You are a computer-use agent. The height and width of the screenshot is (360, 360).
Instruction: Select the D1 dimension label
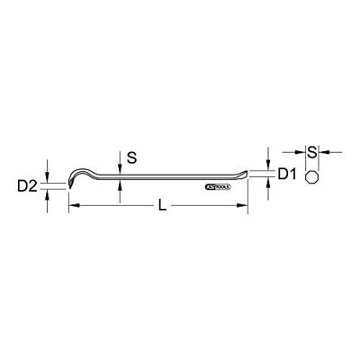[286, 172]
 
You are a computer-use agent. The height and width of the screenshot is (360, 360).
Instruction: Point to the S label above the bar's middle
[131, 157]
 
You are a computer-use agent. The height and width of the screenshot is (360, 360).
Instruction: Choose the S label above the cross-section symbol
[311, 151]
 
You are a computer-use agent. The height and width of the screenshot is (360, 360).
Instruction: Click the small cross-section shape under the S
[311, 176]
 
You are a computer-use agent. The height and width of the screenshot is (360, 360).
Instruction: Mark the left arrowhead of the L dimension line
[72, 207]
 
